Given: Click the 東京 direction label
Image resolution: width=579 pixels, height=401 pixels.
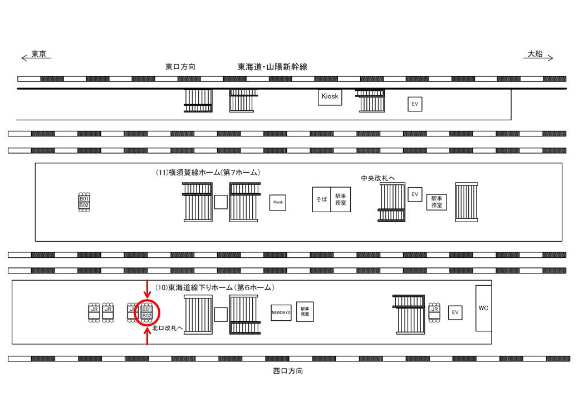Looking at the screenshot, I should click(x=38, y=54).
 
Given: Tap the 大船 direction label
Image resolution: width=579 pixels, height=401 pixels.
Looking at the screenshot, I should click(x=535, y=54).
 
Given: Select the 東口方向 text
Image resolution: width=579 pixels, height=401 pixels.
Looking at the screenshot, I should click(x=180, y=66).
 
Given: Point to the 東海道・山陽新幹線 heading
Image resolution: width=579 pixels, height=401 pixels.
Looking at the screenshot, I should click(x=272, y=66).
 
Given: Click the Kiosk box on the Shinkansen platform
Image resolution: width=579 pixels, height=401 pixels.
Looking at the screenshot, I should click(x=330, y=97).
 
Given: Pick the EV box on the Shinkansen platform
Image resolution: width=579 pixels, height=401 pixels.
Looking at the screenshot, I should click(x=415, y=104).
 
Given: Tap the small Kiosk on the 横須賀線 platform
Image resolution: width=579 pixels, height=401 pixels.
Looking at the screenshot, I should click(x=278, y=203).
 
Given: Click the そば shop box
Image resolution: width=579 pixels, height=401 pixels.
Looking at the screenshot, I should click(x=321, y=199).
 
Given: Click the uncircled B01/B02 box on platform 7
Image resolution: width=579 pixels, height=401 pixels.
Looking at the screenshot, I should click(x=84, y=202).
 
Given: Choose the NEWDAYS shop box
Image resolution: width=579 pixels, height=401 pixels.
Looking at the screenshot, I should click(x=281, y=312).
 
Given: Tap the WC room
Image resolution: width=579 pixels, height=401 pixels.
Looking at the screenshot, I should click(x=483, y=308).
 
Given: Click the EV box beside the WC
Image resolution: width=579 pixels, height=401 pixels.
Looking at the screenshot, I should click(x=455, y=313).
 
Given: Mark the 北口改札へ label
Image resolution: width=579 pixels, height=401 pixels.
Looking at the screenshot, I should click(x=168, y=329).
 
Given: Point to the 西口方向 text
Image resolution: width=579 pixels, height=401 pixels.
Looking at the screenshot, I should click(x=288, y=371).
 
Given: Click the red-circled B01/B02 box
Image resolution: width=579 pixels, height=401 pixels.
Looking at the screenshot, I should click(x=147, y=312).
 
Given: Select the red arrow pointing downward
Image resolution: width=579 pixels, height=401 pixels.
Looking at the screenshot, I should click(x=147, y=288).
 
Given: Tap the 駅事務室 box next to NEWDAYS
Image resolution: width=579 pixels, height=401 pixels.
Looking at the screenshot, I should click(x=305, y=311).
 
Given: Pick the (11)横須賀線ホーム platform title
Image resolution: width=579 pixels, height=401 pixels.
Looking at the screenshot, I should click(x=208, y=173).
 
